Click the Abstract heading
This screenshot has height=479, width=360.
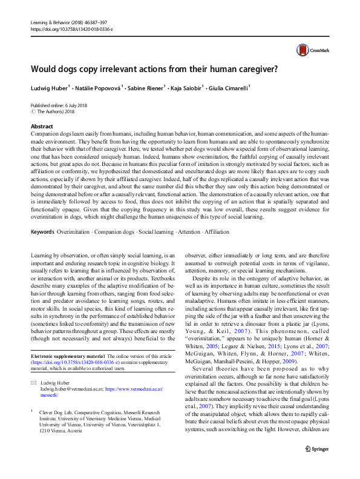[42, 125]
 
